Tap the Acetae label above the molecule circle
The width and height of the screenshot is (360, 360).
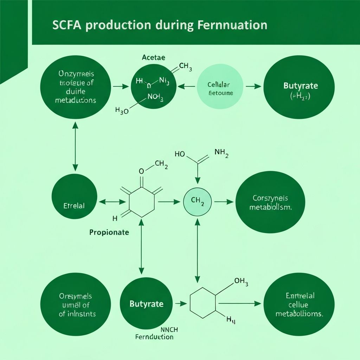[153, 57]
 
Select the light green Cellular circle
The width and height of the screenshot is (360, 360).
[220, 86]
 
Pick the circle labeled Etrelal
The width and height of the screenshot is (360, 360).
[74, 196]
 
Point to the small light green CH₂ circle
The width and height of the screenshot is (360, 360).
[198, 202]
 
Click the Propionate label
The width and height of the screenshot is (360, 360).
[109, 232]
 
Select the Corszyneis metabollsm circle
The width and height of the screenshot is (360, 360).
[270, 203]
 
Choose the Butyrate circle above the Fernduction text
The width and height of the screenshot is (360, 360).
[146, 304]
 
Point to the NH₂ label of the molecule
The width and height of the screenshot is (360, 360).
[221, 153]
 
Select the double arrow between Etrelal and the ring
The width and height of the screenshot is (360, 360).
[113, 202]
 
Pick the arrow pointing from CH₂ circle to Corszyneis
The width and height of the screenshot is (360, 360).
[224, 202]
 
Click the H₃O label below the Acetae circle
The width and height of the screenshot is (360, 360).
[122, 111]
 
